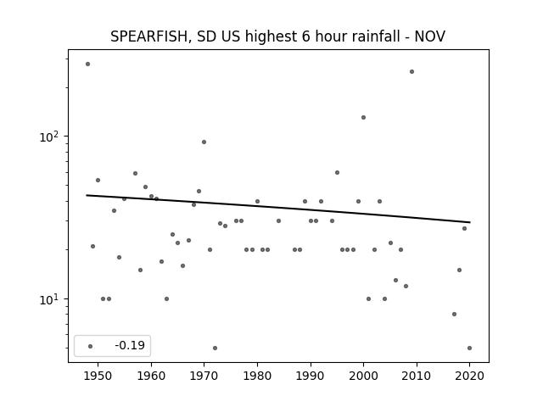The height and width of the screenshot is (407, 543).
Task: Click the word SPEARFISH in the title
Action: coord(149,36)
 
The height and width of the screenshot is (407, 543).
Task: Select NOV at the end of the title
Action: coord(430,36)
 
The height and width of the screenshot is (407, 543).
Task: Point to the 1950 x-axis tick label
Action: coord(98,376)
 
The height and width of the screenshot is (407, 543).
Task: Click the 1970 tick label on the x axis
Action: coord(204,376)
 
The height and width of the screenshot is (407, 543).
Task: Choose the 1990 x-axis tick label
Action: coord(311,376)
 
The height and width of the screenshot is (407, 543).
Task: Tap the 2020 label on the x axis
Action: coord(469,376)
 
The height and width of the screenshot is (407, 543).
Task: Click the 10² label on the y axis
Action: coord(52,137)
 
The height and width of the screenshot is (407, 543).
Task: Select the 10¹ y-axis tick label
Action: coord(52,299)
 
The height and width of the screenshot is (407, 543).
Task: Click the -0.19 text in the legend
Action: coord(130,345)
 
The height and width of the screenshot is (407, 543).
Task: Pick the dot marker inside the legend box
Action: coord(91,346)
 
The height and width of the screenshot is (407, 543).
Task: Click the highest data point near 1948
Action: coord(87,64)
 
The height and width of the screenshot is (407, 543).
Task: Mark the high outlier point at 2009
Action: coord(411,71)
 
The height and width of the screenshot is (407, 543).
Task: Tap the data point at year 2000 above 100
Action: coord(363,117)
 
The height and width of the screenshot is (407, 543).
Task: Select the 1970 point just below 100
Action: coord(204,142)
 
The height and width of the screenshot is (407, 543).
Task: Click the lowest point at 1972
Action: coord(215,348)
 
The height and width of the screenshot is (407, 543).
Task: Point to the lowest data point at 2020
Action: coord(469,348)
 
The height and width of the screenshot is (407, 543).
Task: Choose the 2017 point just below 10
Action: coord(455,314)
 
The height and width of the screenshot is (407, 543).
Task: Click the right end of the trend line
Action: coord(470,222)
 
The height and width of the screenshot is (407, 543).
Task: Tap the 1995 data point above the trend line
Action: coord(337,172)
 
